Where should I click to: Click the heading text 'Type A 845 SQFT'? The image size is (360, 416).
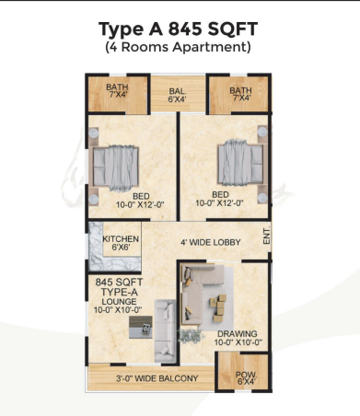point(178,29)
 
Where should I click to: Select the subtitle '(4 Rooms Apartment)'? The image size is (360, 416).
point(178,47)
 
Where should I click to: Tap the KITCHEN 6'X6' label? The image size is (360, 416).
point(121,243)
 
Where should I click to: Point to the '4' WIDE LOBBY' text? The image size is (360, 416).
point(211,242)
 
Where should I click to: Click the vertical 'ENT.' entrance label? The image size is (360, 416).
point(267,236)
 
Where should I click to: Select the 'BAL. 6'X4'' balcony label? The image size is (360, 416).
point(178,95)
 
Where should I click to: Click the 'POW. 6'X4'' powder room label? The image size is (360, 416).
point(246,378)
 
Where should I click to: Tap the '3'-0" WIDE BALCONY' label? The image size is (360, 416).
point(157,378)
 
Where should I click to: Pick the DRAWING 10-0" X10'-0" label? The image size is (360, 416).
point(238,338)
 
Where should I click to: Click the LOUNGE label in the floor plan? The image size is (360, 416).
point(119,302)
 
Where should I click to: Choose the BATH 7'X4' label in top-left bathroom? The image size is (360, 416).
point(117,90)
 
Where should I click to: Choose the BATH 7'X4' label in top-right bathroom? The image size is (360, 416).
point(240,94)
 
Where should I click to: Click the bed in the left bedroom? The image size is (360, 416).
point(115,168)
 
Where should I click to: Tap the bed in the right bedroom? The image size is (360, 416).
point(241,162)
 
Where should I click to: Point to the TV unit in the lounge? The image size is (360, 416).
point(141,327)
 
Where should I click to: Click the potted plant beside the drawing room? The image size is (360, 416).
point(191,335)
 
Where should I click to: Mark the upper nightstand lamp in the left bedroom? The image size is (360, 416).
point(94,133)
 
